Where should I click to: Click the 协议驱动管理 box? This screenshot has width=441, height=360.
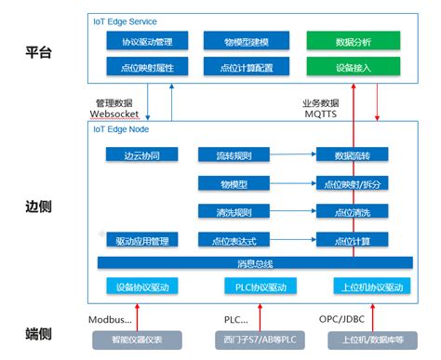(148, 42)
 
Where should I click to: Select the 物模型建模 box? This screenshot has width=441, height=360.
(247, 42)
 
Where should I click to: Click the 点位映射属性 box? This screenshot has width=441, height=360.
(148, 67)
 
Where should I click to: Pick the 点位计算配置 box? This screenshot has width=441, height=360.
(247, 67)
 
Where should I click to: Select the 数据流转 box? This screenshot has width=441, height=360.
(351, 156)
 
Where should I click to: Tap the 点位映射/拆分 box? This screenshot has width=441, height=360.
(351, 184)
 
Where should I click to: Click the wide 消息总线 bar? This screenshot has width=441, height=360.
(255, 263)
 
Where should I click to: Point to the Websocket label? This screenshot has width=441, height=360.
(114, 113)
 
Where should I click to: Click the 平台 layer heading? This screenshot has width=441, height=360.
(38, 53)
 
